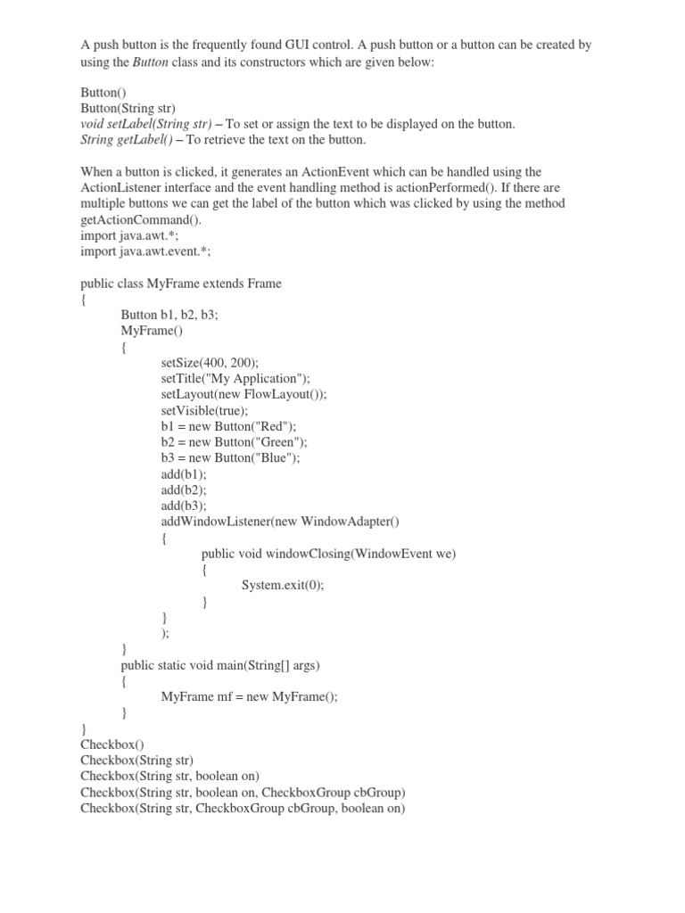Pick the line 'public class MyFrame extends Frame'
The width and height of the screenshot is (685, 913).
(x=181, y=284)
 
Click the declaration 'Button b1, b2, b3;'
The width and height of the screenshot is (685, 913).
(x=169, y=317)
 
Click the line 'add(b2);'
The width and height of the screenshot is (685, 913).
(x=184, y=489)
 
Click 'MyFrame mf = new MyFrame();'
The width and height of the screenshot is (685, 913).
(x=250, y=697)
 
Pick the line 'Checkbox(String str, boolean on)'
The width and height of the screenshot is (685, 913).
(x=169, y=777)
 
